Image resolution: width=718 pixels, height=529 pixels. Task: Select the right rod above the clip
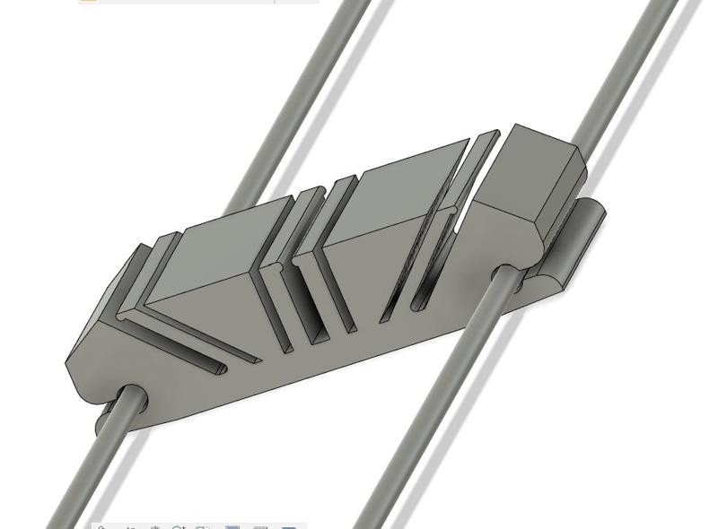619,72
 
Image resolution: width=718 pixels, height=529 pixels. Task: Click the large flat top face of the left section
211,260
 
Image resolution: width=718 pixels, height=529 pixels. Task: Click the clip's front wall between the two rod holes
314,377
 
